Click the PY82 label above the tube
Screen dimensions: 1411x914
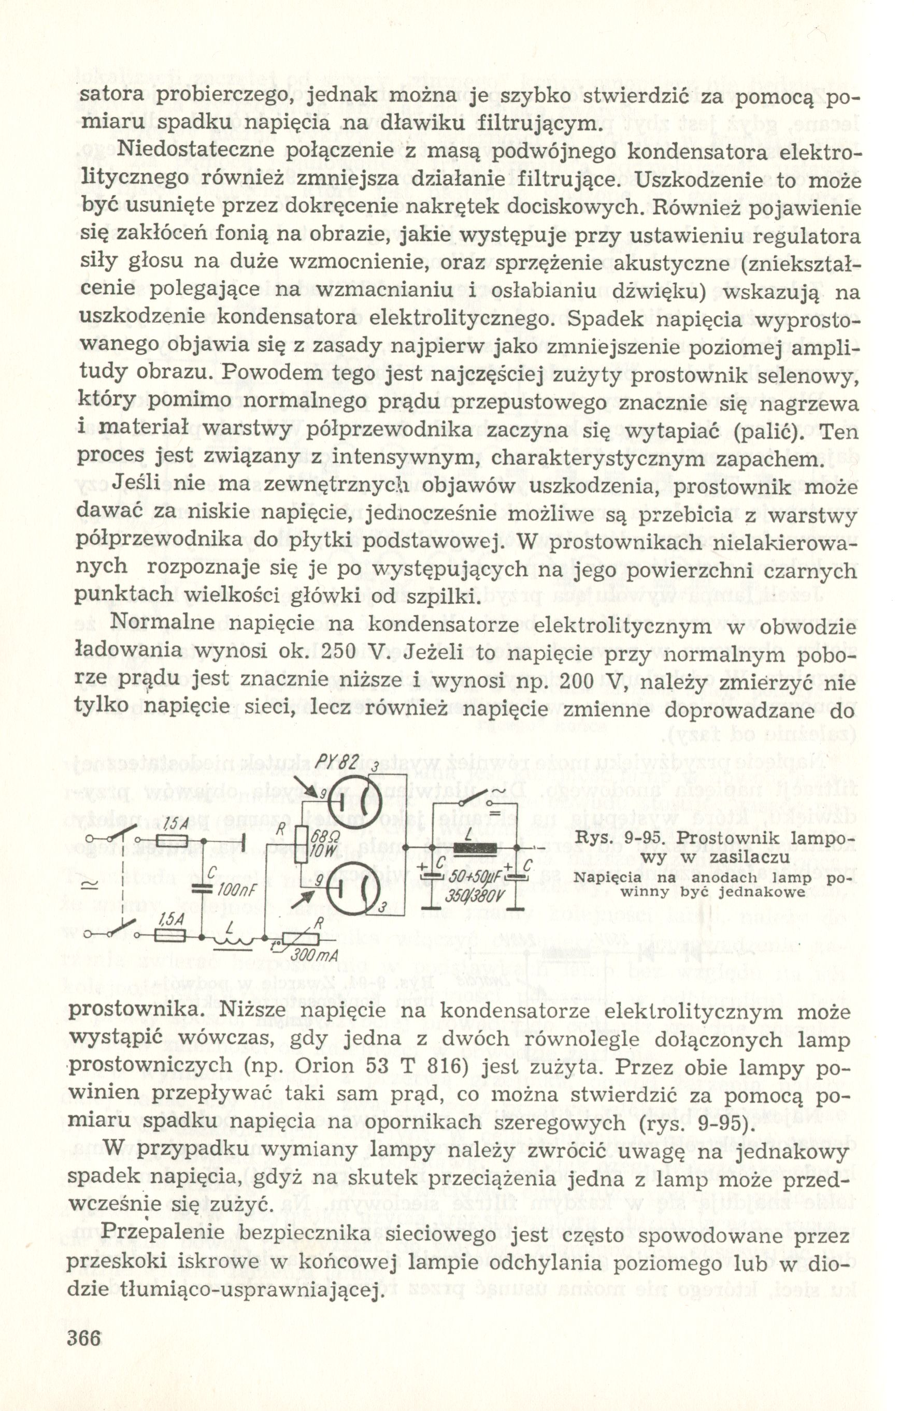[x=335, y=762]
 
